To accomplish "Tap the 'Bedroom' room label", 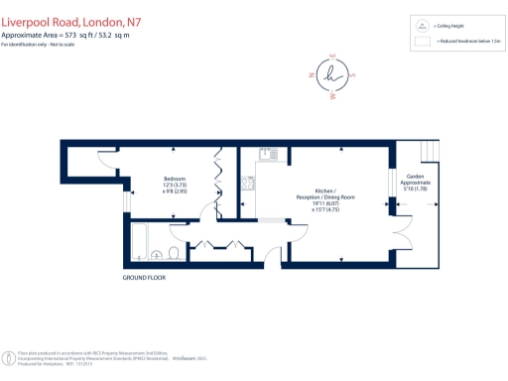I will pos(175,179).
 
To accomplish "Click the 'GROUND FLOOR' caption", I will pos(144,277).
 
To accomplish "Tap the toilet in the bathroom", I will pos(175,255).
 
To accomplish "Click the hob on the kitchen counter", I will pos(247,186).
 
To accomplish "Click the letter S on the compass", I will pos(354,74).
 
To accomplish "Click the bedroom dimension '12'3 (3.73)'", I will pos(175,186).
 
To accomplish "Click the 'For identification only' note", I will pos(38,43).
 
